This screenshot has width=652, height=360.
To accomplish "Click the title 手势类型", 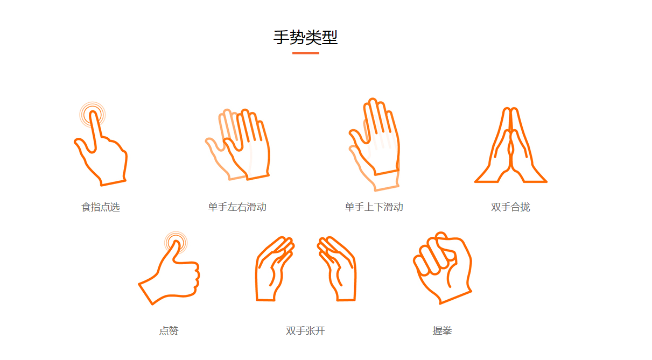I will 305,38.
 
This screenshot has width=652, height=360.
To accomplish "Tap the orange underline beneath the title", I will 305,53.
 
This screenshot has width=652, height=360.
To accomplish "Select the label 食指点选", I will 101,207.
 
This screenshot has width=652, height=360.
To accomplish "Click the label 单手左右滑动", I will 237,207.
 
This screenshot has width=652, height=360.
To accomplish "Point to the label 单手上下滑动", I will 374,207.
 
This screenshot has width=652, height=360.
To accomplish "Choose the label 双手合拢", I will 510,207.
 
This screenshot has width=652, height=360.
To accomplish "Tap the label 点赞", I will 169,331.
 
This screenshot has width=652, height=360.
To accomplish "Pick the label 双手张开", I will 305,331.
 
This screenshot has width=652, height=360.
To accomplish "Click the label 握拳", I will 442,331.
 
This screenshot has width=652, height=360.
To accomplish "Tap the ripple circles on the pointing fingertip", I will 93,115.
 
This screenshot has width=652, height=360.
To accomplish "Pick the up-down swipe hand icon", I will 375,143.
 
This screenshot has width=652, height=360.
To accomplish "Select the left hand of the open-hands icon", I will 274,269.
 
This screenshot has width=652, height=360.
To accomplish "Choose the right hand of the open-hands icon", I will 338,269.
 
